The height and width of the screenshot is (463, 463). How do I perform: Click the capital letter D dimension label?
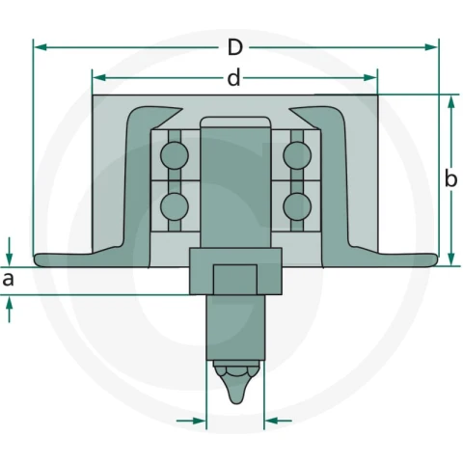pyautogui.click(x=235, y=47)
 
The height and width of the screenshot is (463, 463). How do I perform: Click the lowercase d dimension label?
pyautogui.click(x=234, y=78)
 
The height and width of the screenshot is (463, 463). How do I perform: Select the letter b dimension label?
pyautogui.click(x=450, y=178)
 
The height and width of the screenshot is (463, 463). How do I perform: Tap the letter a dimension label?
pyautogui.click(x=9, y=280)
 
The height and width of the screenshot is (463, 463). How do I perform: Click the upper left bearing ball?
pyautogui.click(x=175, y=155)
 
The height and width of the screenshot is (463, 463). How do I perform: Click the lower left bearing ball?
pyautogui.click(x=174, y=206)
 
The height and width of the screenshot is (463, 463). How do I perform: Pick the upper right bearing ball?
pyautogui.click(x=297, y=155)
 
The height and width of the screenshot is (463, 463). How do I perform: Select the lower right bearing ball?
pyautogui.click(x=297, y=206)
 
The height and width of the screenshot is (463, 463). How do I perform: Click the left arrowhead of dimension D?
pyautogui.click(x=41, y=47)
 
